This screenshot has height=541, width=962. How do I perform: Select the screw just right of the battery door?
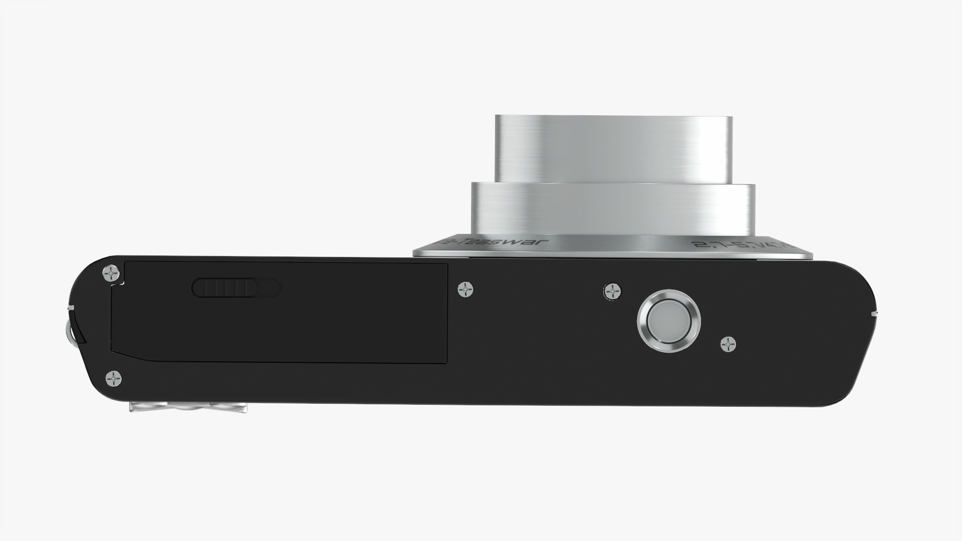pyautogui.click(x=466, y=290)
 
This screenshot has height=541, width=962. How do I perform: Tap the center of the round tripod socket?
pyautogui.click(x=668, y=319)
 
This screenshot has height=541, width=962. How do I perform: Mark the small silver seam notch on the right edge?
pyautogui.click(x=874, y=313)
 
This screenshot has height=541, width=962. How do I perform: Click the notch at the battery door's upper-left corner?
pyautogui.click(x=119, y=284)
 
